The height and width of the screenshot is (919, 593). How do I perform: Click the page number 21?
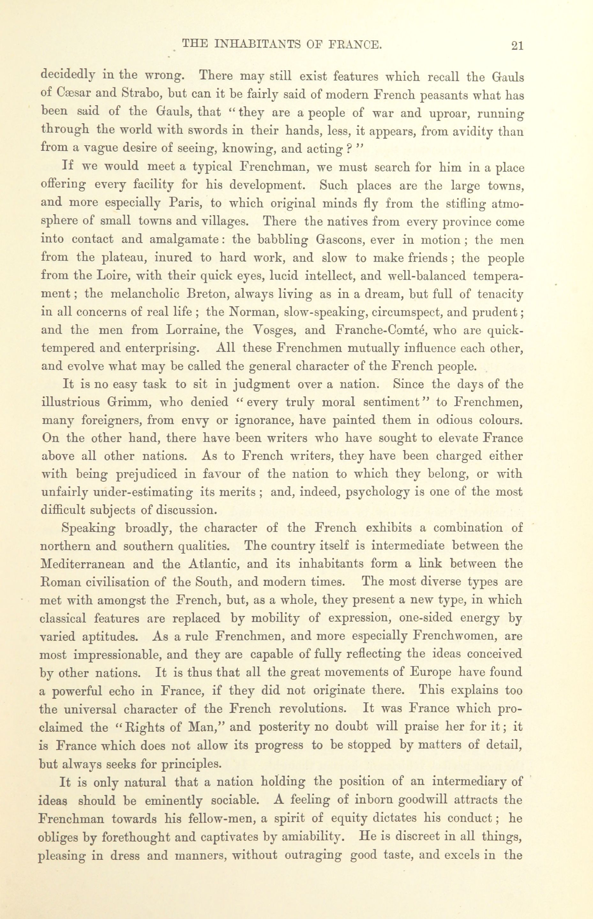click(x=517, y=46)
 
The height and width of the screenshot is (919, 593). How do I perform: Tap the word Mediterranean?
click(x=82, y=564)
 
